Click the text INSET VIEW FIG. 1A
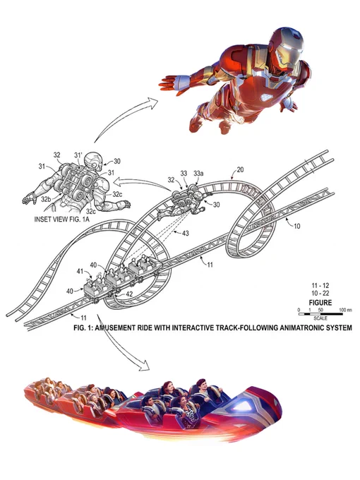point(62,220)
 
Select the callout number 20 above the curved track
point(240,169)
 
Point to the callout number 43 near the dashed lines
point(185,233)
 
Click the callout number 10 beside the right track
point(297,226)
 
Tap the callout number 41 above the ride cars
point(80,271)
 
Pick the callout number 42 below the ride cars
point(129,294)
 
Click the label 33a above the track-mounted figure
point(198,174)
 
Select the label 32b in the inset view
point(46,199)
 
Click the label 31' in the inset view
point(78,155)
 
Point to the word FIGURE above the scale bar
point(320,303)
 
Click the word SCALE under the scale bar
point(320,318)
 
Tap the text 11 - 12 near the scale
point(320,286)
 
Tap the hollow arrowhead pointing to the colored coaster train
point(143,365)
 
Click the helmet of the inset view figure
point(94,162)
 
